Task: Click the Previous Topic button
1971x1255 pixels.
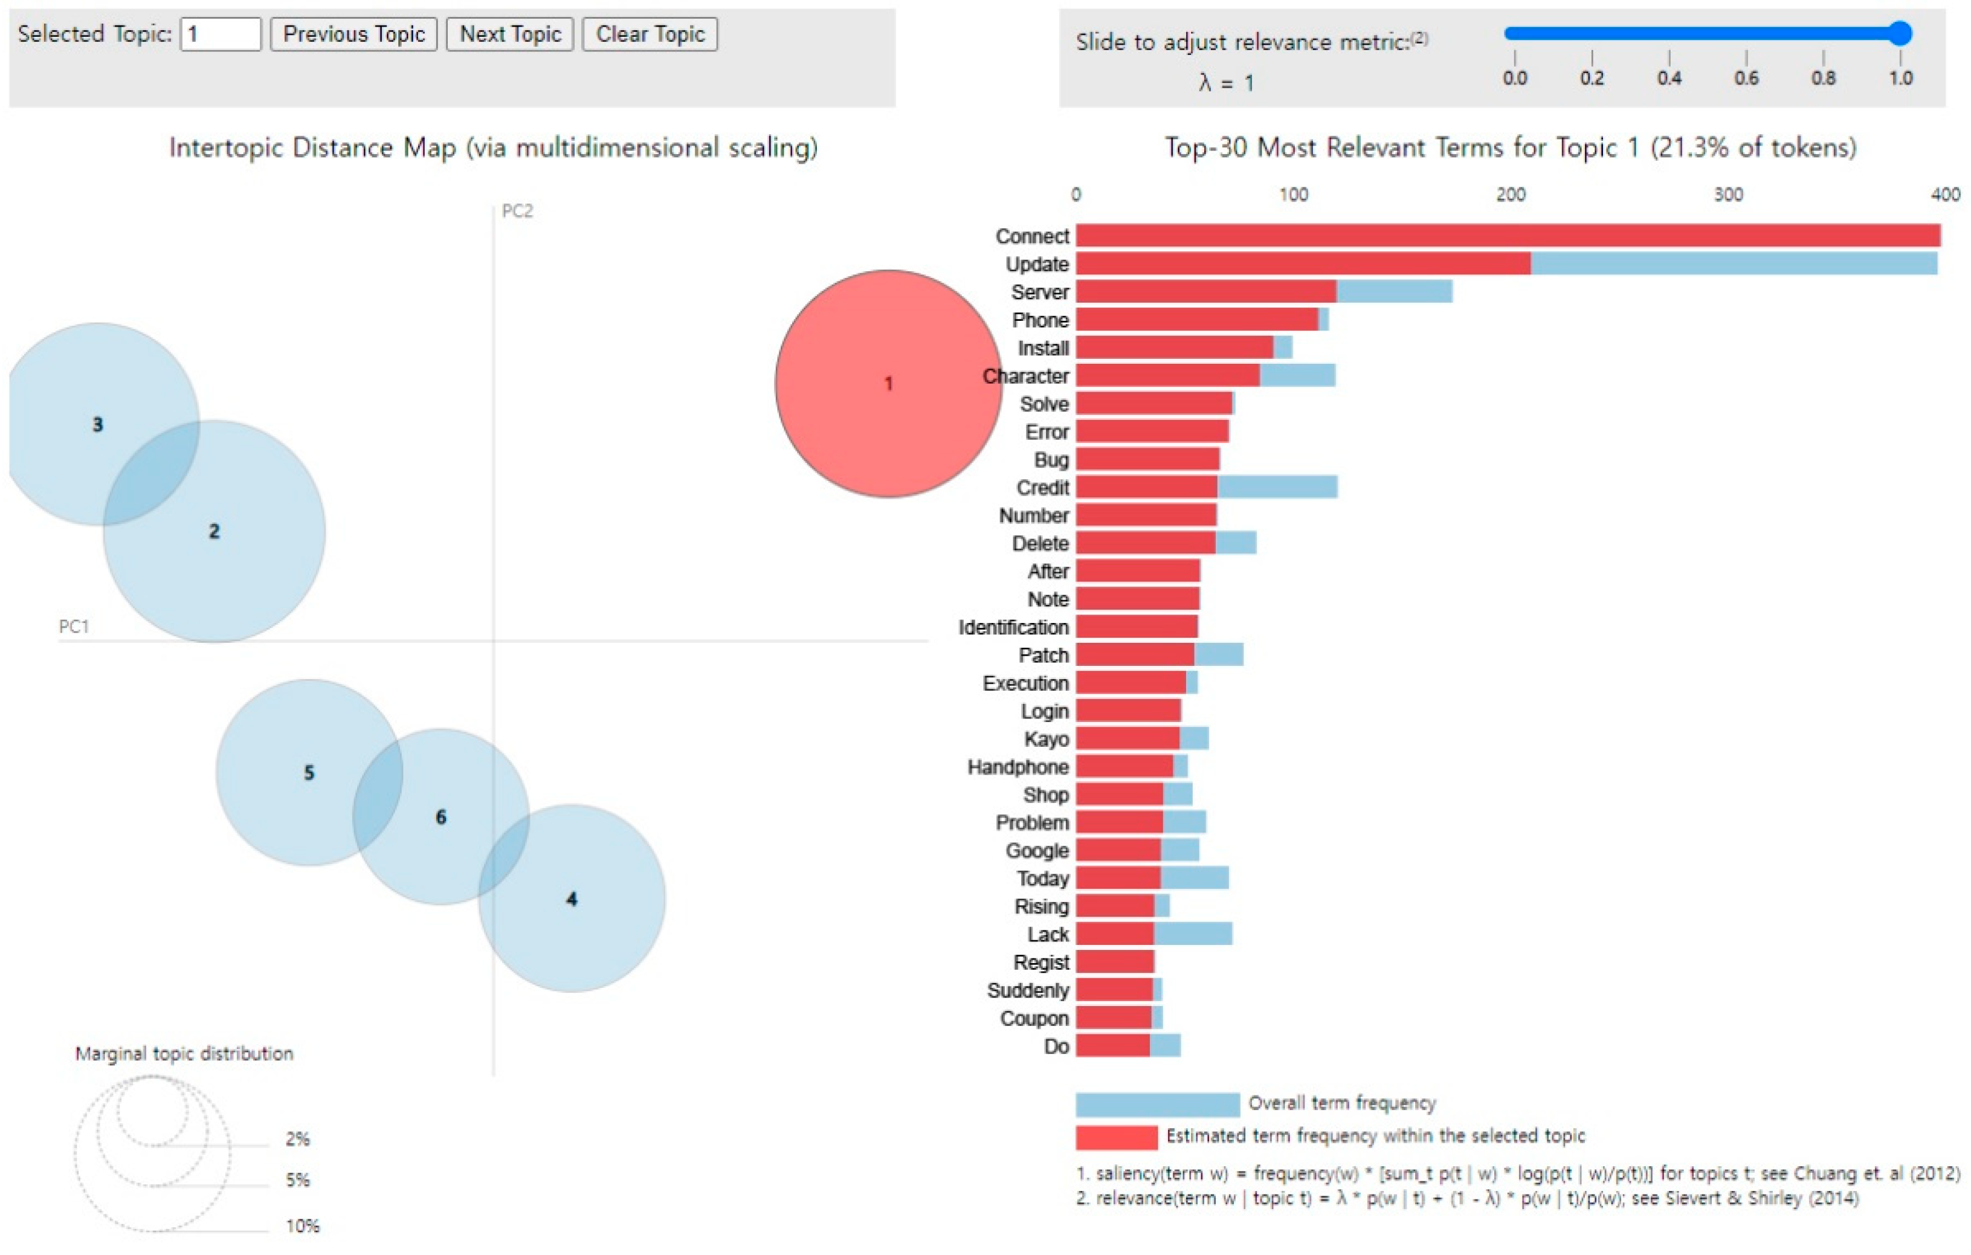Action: pyautogui.click(x=353, y=34)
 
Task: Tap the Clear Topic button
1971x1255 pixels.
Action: pyautogui.click(x=650, y=34)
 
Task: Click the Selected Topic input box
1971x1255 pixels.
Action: pyautogui.click(x=220, y=34)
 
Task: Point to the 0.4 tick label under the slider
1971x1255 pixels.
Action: pyautogui.click(x=1669, y=79)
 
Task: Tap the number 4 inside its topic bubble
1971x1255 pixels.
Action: pyautogui.click(x=572, y=899)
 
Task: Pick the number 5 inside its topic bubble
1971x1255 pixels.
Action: pyautogui.click(x=309, y=772)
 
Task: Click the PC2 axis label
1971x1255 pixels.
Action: pyautogui.click(x=517, y=211)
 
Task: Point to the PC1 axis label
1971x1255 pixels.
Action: pyautogui.click(x=74, y=626)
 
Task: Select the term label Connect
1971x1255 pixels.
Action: pyautogui.click(x=1032, y=237)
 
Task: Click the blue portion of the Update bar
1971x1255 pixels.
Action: pyautogui.click(x=1733, y=263)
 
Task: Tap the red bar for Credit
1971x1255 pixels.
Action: pyautogui.click(x=1146, y=487)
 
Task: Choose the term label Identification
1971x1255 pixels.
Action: pyautogui.click(x=1013, y=628)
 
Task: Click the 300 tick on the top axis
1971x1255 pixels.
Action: pyautogui.click(x=1728, y=195)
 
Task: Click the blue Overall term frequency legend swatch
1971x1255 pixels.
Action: pyautogui.click(x=1156, y=1103)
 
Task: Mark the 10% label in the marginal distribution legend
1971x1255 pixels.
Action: pyautogui.click(x=302, y=1225)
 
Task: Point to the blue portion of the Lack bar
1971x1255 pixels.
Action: pyautogui.click(x=1193, y=934)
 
